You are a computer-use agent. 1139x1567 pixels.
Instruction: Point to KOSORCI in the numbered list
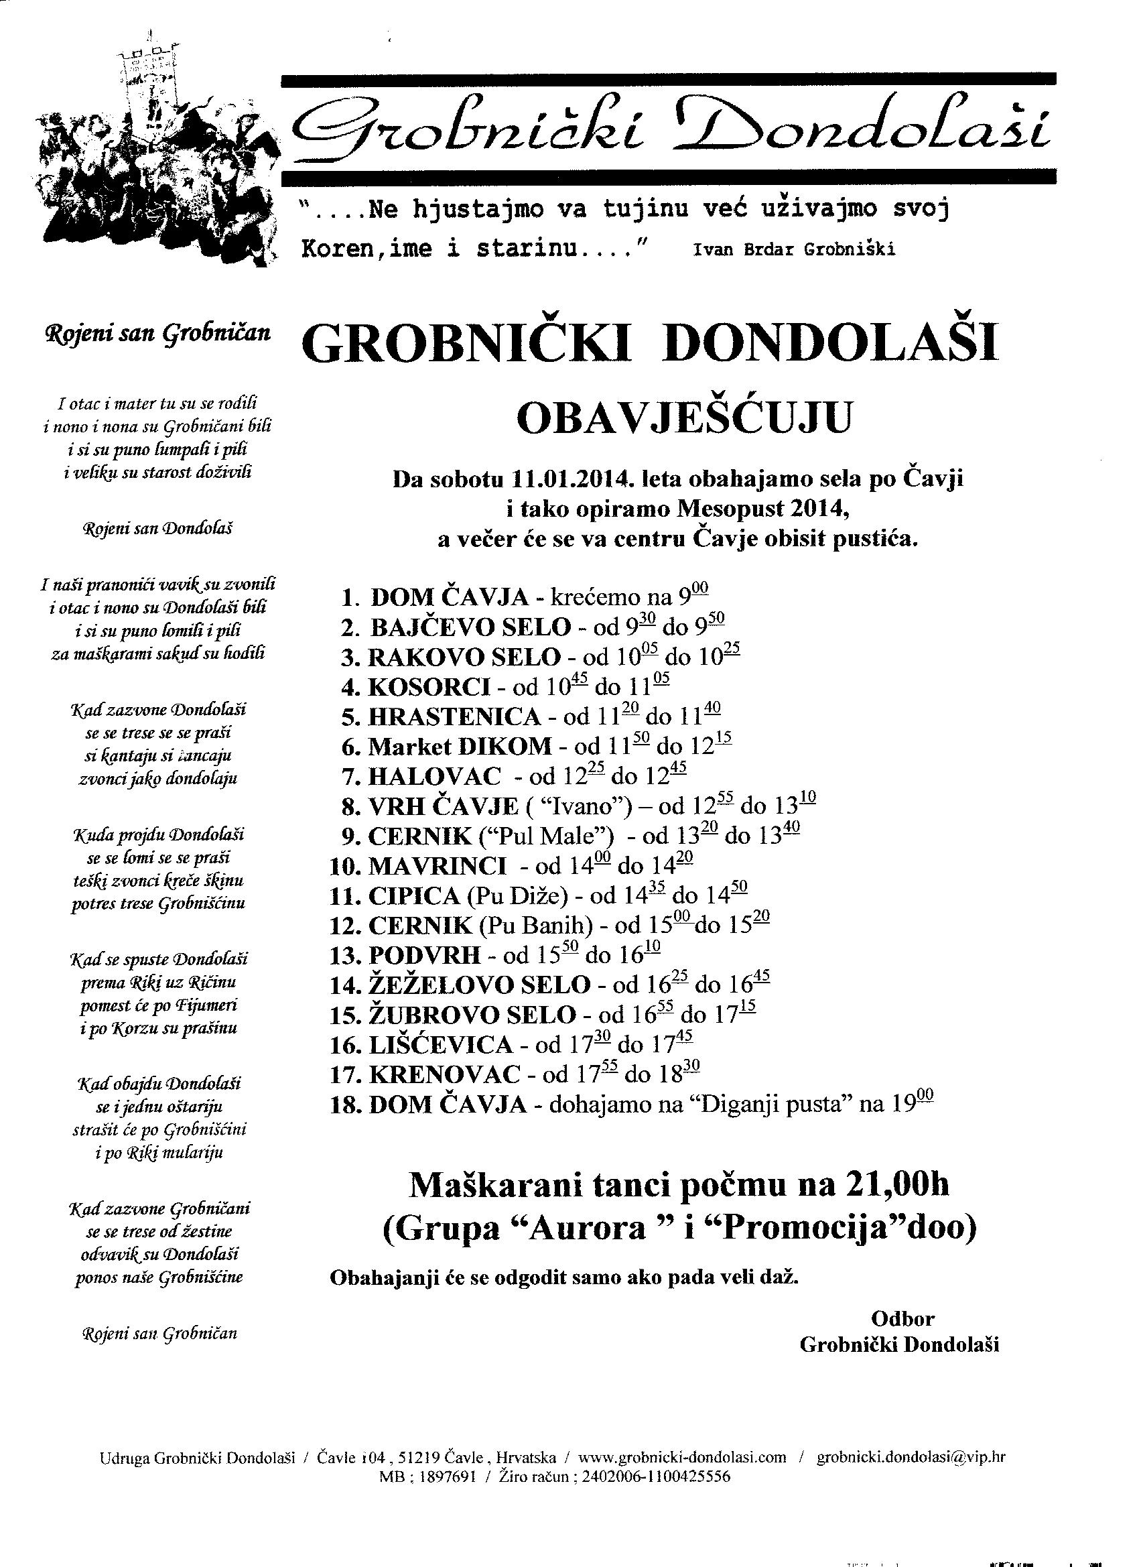point(428,687)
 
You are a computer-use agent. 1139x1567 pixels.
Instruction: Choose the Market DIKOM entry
point(460,746)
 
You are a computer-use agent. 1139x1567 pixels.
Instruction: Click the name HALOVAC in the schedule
point(434,777)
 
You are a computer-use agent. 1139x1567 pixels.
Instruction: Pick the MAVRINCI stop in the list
point(438,866)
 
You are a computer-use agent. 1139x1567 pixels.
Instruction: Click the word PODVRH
point(424,956)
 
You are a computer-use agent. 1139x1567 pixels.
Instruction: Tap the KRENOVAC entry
point(444,1074)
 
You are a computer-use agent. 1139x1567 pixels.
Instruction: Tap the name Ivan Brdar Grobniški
point(795,249)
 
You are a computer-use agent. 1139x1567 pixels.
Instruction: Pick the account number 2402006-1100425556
point(656,1495)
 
